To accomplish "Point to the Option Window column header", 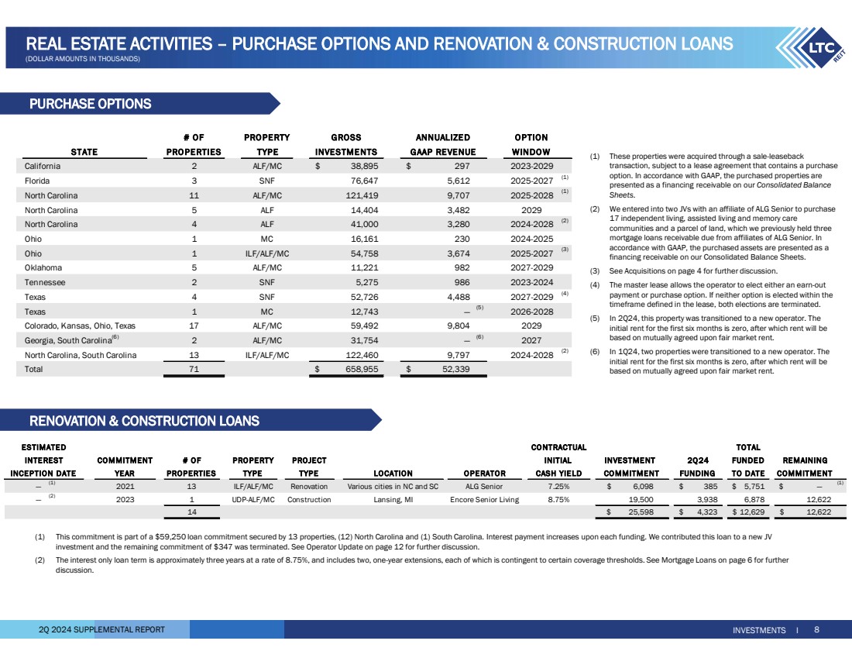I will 531,145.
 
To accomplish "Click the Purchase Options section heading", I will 91,104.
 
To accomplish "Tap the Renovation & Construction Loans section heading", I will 145,422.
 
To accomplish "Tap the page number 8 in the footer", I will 816,630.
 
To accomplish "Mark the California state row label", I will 43,167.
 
